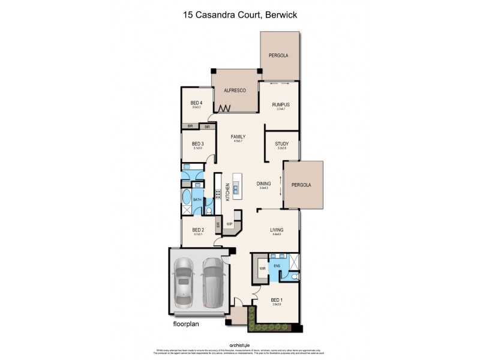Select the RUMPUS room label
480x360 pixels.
(281, 105)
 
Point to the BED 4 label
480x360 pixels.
(197, 103)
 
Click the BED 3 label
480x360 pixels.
(198, 144)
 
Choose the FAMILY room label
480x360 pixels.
(238, 137)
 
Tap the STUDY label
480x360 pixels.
(281, 144)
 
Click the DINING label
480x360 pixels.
(263, 184)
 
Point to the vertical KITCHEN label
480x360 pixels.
(227, 192)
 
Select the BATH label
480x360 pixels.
(196, 200)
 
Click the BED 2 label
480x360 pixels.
(198, 230)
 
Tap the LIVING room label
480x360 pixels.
(277, 230)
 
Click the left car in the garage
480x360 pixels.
(184, 281)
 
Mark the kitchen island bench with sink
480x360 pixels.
(238, 187)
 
